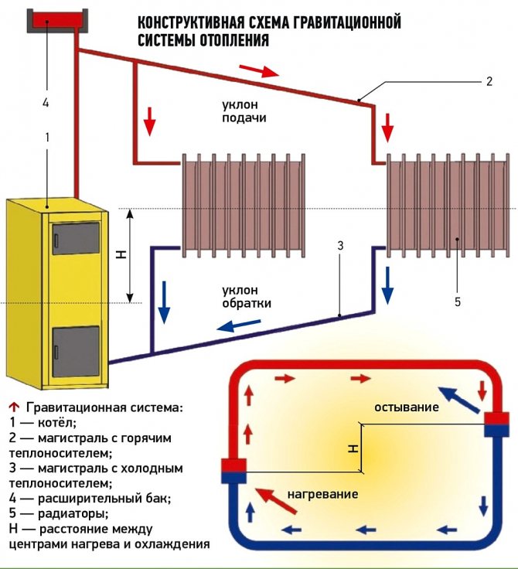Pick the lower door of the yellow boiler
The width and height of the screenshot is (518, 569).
click(75, 352)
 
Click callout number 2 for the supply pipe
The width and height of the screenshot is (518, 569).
click(489, 80)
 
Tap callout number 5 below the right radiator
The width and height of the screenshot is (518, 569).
click(458, 301)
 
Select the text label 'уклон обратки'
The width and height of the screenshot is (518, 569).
click(247, 298)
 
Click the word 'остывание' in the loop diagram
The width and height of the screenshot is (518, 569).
click(407, 407)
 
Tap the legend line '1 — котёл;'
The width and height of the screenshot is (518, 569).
click(44, 423)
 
